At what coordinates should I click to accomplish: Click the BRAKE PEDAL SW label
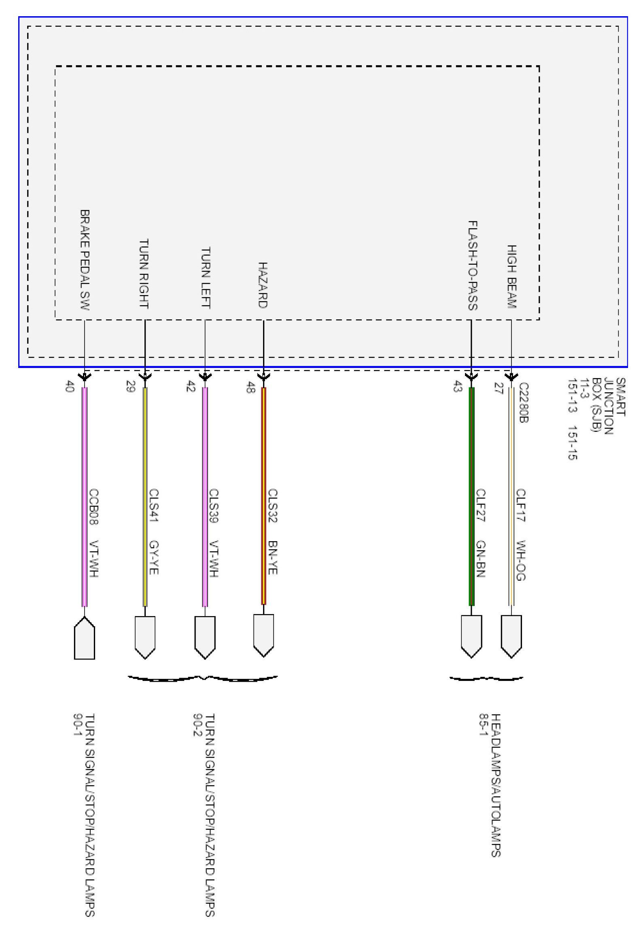85,260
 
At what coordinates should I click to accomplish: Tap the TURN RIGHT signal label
144,274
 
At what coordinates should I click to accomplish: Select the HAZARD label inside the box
263,285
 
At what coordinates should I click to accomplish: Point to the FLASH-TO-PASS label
472,266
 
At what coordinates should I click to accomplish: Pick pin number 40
70,386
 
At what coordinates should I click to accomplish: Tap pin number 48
250,387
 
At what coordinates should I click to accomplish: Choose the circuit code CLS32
273,506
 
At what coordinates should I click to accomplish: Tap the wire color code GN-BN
481,559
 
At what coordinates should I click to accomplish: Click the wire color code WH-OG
521,560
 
